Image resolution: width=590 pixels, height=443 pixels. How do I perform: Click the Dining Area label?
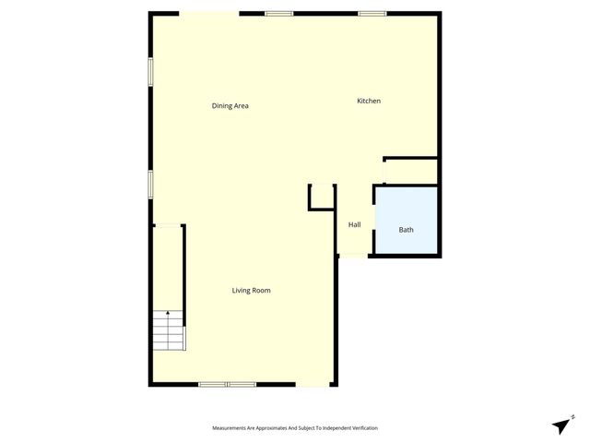pyautogui.click(x=230, y=106)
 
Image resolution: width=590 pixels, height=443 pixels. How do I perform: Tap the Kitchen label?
pyautogui.click(x=369, y=101)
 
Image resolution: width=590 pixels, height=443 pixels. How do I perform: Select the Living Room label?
pyautogui.click(x=251, y=291)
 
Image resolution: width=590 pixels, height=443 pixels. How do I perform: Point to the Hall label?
pyautogui.click(x=354, y=224)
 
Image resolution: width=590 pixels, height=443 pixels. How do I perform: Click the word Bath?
pyautogui.click(x=406, y=230)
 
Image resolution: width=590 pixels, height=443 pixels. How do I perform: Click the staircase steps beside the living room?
pyautogui.click(x=169, y=332)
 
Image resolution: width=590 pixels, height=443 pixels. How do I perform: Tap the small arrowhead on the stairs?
pyautogui.click(x=168, y=315)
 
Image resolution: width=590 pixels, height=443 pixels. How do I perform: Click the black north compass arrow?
pyautogui.click(x=560, y=425)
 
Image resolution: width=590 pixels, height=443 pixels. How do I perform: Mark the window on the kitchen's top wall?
pyautogui.click(x=372, y=13)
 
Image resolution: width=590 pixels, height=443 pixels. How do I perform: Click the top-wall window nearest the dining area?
pyautogui.click(x=278, y=13)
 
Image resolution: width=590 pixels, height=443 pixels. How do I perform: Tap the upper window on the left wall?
pyautogui.click(x=151, y=73)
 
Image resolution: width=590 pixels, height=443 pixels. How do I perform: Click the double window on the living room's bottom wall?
pyautogui.click(x=228, y=384)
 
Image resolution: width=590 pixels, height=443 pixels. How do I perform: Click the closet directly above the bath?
pyautogui.click(x=410, y=171)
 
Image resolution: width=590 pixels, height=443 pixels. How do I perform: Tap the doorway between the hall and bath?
pyautogui.click(x=374, y=221)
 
